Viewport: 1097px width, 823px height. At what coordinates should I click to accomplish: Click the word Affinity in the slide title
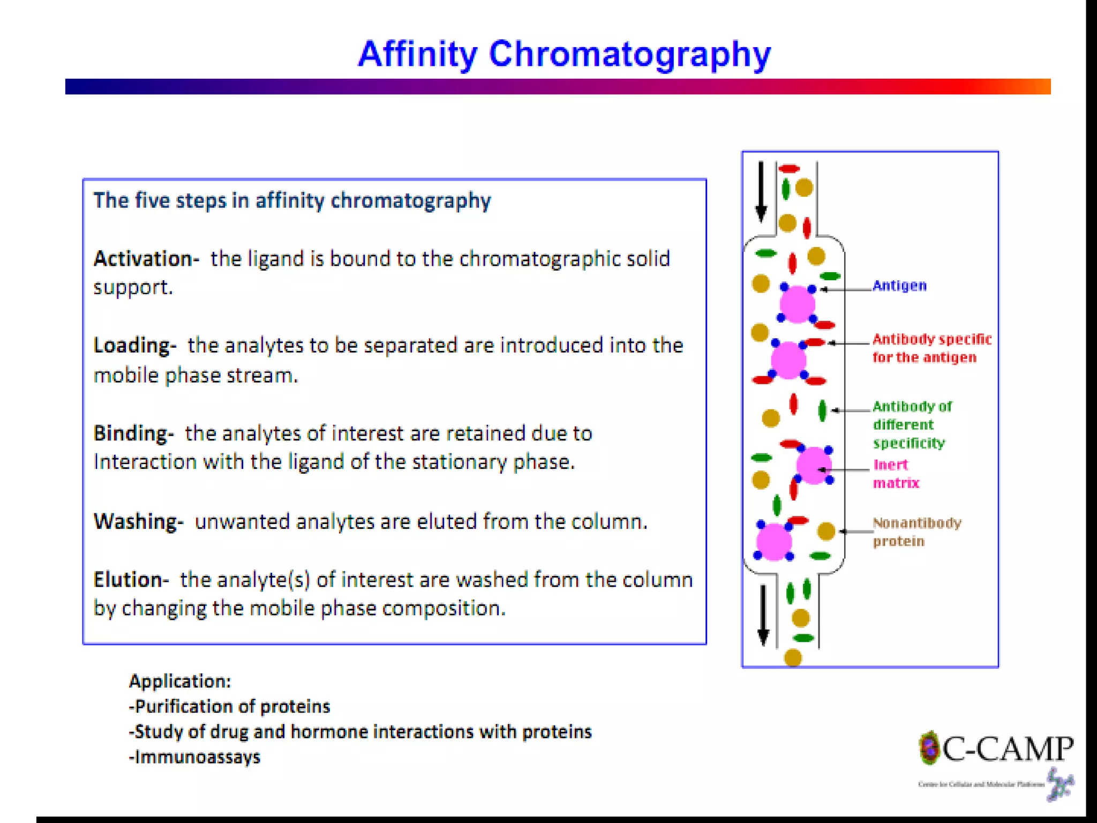point(417,55)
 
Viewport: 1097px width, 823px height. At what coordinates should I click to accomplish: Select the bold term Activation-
point(146,259)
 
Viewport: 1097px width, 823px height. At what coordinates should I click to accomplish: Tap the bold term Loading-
point(134,346)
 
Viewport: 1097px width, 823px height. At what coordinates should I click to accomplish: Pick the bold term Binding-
point(133,433)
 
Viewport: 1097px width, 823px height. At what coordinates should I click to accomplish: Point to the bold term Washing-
point(138,521)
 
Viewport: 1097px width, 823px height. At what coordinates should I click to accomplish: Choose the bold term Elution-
point(131,580)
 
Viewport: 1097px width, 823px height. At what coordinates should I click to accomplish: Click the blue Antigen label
point(899,286)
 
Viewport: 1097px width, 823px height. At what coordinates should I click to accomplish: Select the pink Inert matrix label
point(895,474)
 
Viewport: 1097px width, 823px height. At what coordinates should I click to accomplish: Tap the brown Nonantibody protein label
point(916,532)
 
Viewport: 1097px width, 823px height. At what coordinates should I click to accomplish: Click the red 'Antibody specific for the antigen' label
point(931,348)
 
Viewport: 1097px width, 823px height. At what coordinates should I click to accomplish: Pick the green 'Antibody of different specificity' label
point(911,425)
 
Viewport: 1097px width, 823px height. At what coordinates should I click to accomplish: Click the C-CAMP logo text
point(1007,750)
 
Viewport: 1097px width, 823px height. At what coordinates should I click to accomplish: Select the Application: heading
point(180,682)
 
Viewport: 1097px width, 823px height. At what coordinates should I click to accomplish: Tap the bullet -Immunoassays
point(195,757)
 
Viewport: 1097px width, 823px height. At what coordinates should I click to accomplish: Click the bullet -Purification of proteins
point(230,707)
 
